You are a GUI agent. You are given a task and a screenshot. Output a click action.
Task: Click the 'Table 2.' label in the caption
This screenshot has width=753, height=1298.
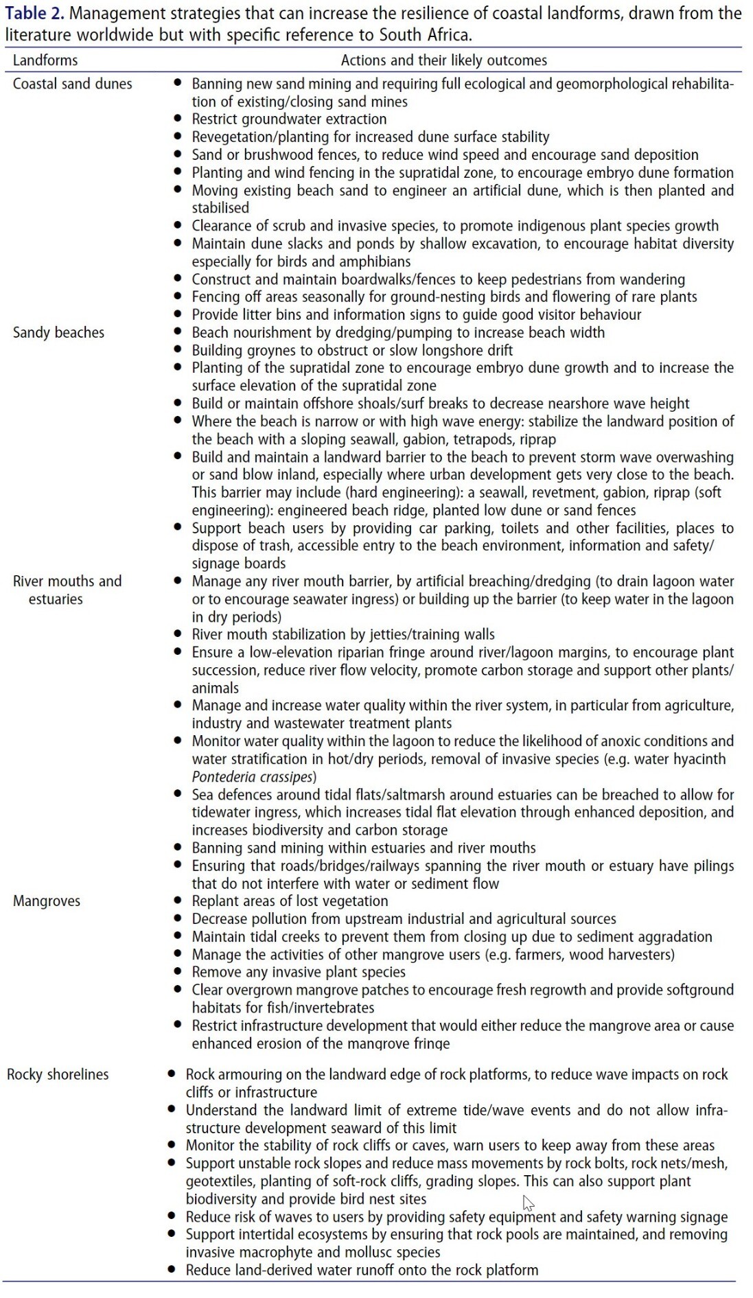tap(34, 13)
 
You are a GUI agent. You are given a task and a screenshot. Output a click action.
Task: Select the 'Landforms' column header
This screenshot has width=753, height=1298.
tap(45, 60)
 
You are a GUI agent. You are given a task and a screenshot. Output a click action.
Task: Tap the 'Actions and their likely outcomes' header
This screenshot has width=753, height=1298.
tap(443, 60)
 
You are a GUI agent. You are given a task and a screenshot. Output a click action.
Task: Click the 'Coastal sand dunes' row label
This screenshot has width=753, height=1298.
tap(72, 84)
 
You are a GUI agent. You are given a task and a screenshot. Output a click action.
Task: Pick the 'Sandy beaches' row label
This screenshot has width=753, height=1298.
tap(58, 333)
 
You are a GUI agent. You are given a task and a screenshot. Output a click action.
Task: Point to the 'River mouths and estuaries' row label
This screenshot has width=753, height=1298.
tap(67, 590)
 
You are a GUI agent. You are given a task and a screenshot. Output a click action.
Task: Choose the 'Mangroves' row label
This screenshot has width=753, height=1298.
tap(47, 901)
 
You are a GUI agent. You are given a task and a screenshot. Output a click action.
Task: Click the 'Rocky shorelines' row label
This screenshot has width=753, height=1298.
tap(58, 1075)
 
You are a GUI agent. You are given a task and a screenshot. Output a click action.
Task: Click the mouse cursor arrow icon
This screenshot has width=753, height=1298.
tap(528, 1203)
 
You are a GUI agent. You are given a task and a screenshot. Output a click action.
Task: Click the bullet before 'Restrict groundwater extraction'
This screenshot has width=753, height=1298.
tap(178, 119)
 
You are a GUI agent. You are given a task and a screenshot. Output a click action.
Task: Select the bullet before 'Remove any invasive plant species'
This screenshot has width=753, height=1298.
tap(178, 972)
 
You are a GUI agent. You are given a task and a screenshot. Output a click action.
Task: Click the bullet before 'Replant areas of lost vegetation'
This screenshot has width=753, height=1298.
tap(178, 901)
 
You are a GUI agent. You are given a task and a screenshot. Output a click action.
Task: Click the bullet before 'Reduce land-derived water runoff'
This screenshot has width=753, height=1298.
tap(172, 1270)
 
